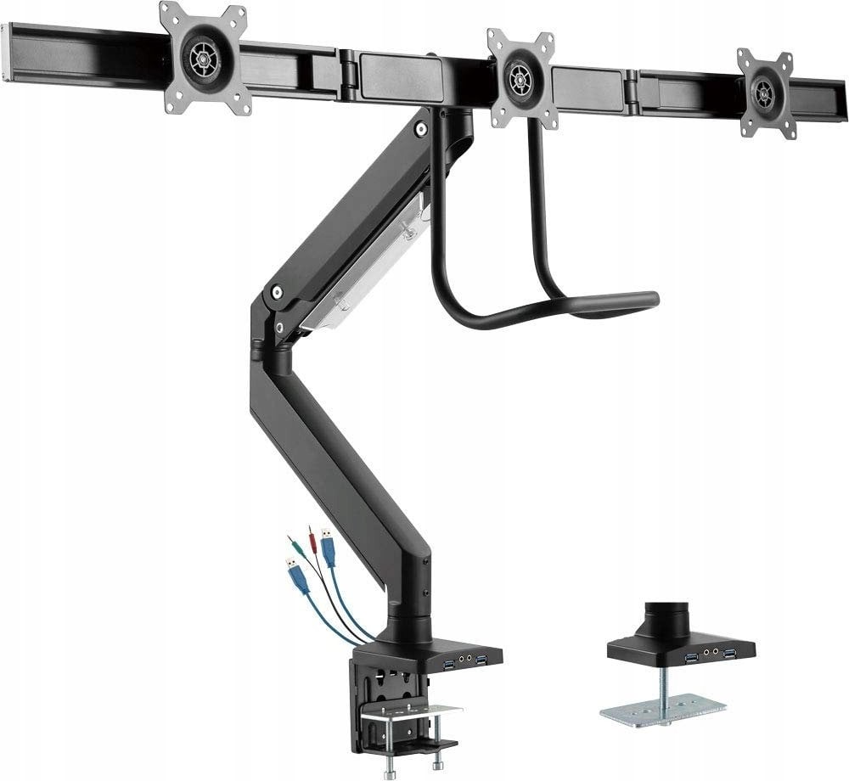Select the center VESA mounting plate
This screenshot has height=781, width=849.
(521, 78)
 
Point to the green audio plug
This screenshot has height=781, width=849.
(293, 541)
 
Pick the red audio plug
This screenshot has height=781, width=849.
(311, 537)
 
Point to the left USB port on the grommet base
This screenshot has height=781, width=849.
(692, 656)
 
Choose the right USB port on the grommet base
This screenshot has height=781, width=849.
(729, 652)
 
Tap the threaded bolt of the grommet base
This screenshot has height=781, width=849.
(662, 686)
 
